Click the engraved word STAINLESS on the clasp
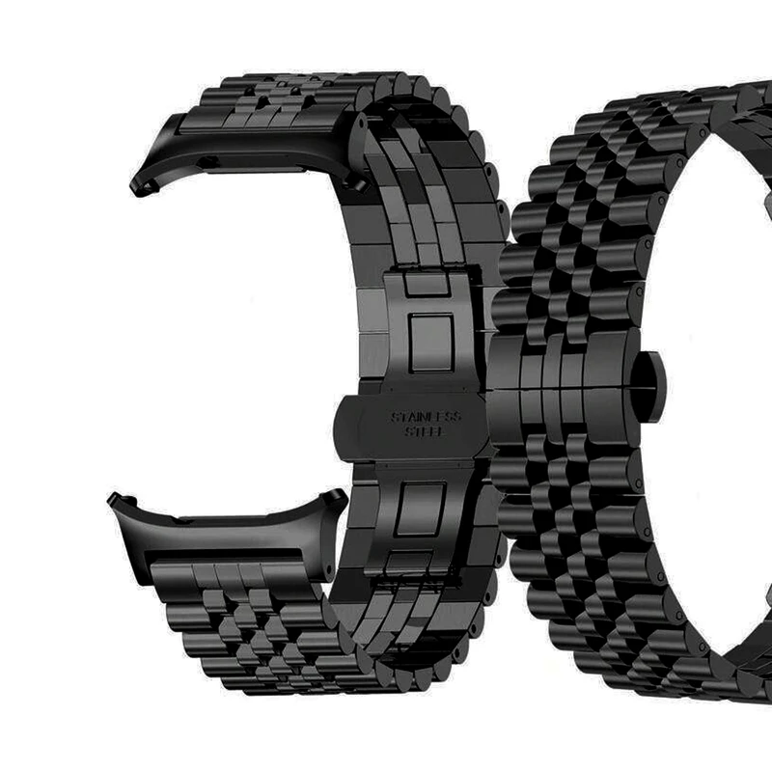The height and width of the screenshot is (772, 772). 427,418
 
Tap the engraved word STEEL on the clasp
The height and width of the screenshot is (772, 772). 425,431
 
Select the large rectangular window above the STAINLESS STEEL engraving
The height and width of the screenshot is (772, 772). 431,343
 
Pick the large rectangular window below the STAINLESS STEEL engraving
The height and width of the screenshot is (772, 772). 422,510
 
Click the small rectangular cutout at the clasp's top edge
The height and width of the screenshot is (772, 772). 427,283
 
